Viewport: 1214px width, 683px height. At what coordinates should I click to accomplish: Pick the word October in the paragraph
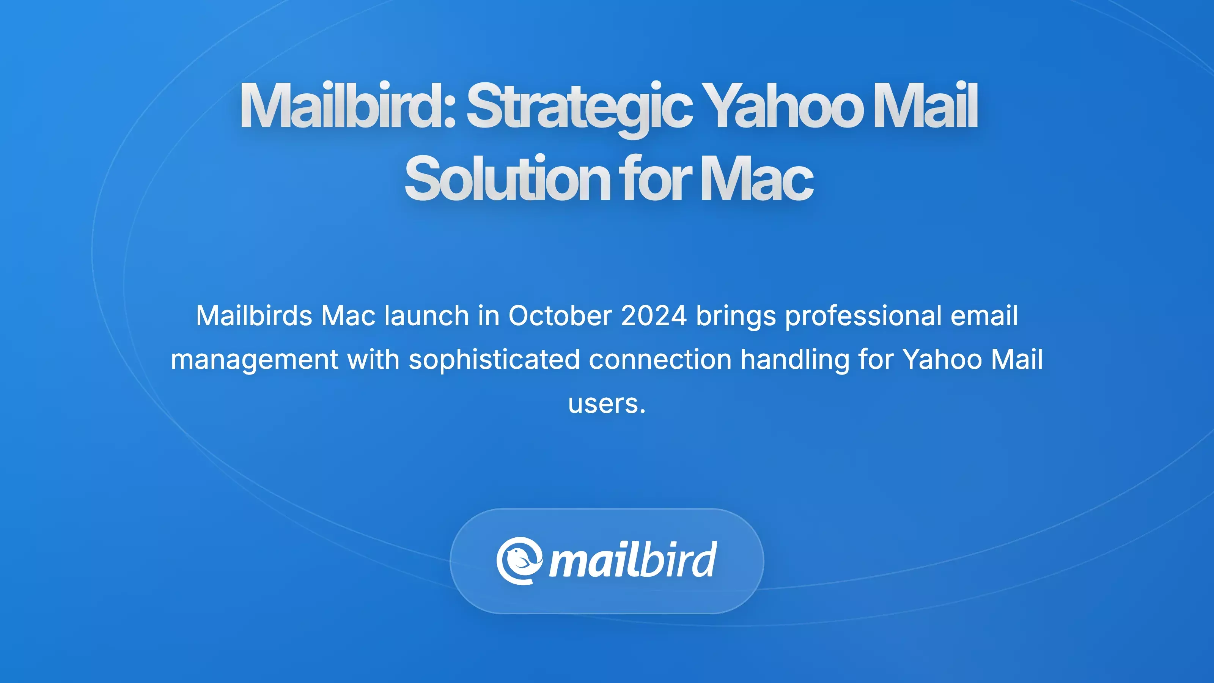pyautogui.click(x=560, y=315)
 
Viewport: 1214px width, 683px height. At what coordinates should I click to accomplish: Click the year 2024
pyautogui.click(x=654, y=315)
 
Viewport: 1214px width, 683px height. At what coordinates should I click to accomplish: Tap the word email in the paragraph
pyautogui.click(x=984, y=315)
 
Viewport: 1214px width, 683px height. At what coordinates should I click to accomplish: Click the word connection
pyautogui.click(x=660, y=360)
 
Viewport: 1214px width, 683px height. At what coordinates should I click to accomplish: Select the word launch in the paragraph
pyautogui.click(x=426, y=315)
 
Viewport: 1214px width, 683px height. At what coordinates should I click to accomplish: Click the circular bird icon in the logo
pyautogui.click(x=519, y=561)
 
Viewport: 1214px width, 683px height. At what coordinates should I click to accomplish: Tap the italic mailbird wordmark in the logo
pyautogui.click(x=633, y=560)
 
